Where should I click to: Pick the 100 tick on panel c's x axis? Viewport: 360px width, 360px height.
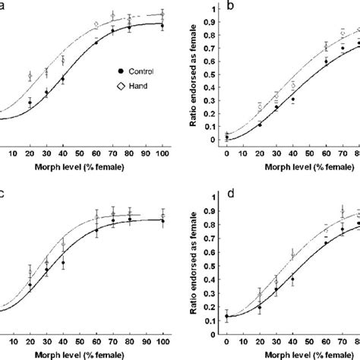coord(162,339)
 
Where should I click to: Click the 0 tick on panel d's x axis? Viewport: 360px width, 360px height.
coord(226,339)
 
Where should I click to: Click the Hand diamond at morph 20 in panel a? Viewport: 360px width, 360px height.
coord(30,76)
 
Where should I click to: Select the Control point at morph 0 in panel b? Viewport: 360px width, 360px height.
coord(226,137)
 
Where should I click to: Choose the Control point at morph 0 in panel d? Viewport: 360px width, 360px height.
coord(226,316)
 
